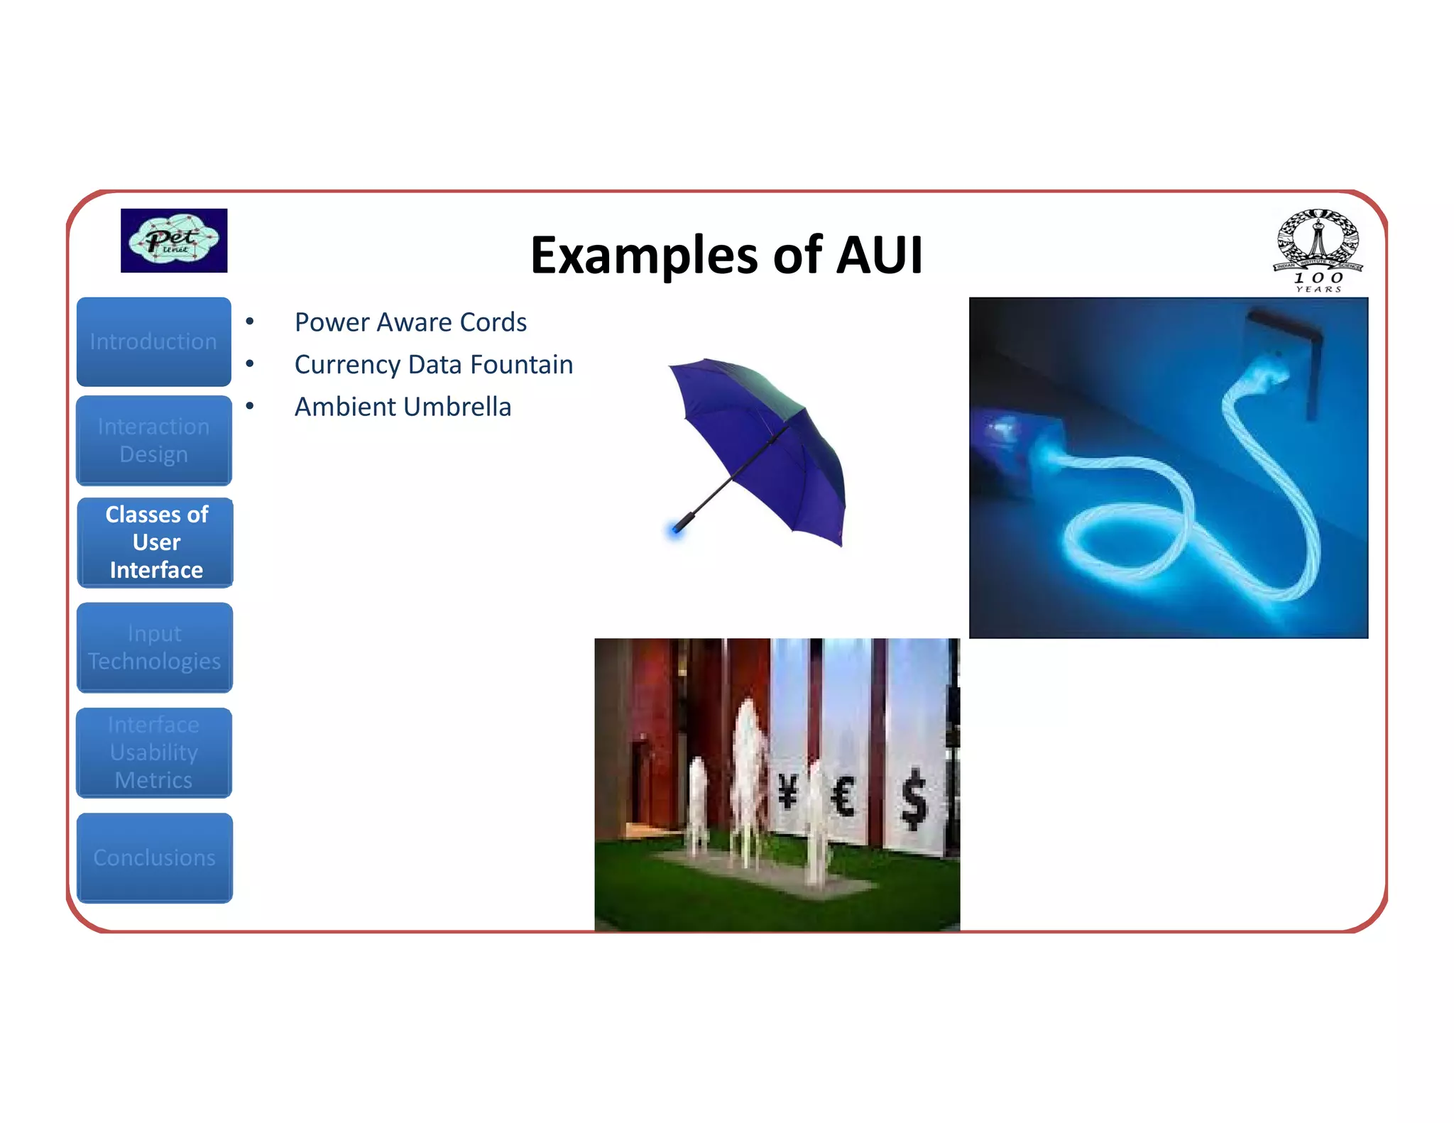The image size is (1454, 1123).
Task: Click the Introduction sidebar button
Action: [x=153, y=341]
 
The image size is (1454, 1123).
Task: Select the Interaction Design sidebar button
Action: [x=153, y=440]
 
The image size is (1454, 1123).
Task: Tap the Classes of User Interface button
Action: [x=156, y=542]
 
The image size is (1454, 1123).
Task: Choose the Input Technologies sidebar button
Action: [x=154, y=647]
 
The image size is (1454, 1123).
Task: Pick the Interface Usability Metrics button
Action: [x=153, y=752]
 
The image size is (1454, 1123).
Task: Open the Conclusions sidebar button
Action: [x=154, y=858]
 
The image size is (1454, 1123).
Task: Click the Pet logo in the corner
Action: [x=174, y=241]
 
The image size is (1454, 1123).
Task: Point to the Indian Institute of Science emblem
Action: [x=1318, y=248]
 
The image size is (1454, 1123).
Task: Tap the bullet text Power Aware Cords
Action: [x=410, y=322]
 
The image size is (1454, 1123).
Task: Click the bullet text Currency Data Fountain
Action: [x=434, y=365]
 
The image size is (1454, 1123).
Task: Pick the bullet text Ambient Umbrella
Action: [x=403, y=407]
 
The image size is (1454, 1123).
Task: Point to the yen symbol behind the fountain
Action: [x=787, y=791]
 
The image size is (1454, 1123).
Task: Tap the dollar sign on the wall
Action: [x=914, y=800]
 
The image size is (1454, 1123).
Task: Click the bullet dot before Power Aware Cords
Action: [x=250, y=322]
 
